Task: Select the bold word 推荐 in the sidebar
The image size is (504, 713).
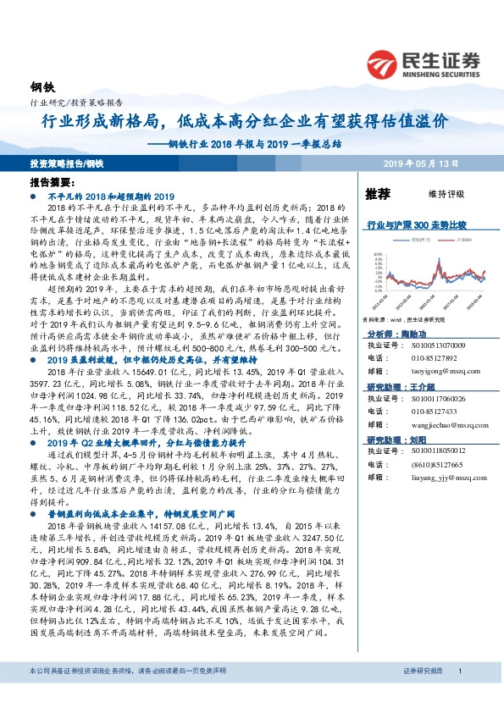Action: (378, 193)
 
